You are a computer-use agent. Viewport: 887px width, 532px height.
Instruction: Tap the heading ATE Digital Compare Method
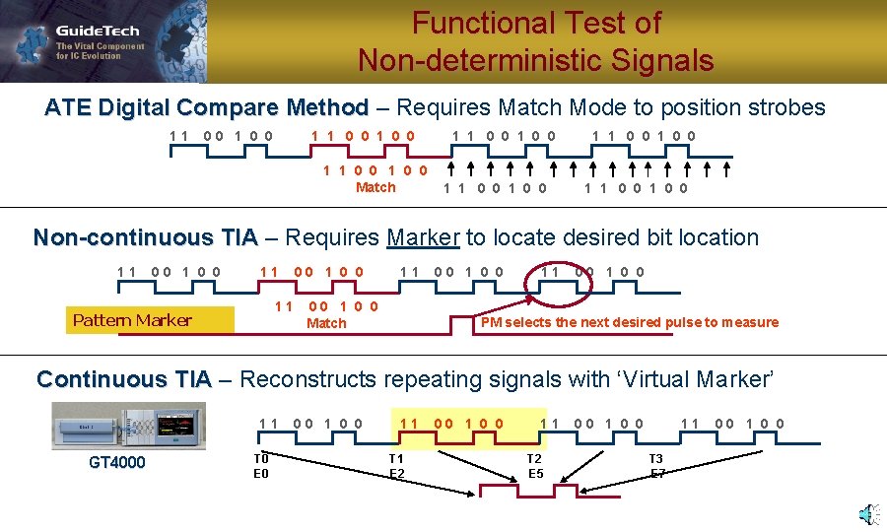[x=206, y=107]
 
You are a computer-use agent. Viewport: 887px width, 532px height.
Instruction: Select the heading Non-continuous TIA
[x=145, y=237]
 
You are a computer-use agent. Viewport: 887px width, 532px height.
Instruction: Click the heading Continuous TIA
[x=123, y=379]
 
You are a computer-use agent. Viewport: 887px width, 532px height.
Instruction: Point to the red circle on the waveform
[x=559, y=279]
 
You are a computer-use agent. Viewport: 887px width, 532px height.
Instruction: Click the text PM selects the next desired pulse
[x=629, y=322]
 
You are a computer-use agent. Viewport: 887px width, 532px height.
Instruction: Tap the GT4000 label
[x=116, y=462]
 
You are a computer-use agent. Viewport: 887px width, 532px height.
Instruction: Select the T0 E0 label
[x=261, y=466]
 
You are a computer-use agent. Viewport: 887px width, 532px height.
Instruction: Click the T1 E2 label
[x=396, y=466]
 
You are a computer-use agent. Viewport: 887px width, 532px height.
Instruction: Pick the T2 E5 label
[x=534, y=466]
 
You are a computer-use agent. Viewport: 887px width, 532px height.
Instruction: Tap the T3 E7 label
[x=656, y=466]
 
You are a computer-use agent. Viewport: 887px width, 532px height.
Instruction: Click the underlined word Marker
[x=423, y=237]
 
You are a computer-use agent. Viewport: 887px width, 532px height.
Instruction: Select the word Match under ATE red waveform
[x=375, y=187]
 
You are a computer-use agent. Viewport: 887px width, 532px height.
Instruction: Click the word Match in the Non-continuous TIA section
[x=326, y=323]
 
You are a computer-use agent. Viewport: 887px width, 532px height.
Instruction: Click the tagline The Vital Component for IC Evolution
[x=100, y=51]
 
